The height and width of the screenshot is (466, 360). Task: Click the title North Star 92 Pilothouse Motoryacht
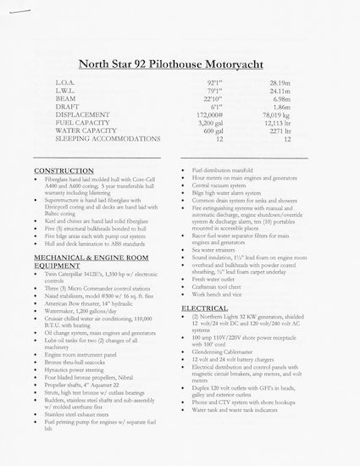point(180,63)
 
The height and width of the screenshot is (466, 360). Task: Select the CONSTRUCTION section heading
point(64,170)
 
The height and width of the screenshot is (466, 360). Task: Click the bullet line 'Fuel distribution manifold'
point(234,170)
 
